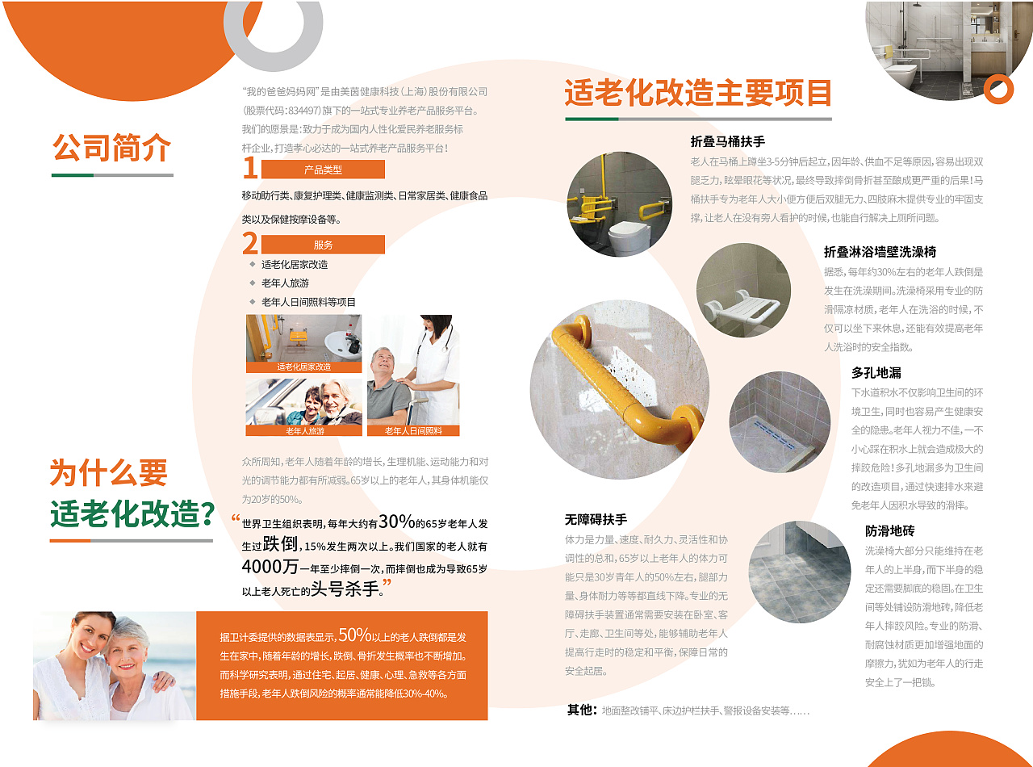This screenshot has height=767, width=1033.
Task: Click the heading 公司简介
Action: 112,148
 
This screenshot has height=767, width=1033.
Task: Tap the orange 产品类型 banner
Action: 323,170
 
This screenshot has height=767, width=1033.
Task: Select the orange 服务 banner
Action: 323,245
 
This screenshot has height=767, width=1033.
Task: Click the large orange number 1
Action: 249,168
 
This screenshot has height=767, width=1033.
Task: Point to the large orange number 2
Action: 249,243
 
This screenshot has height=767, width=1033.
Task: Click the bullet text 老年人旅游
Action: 285,283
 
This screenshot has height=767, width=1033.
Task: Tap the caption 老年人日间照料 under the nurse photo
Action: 413,431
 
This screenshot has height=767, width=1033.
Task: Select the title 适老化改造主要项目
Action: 697,93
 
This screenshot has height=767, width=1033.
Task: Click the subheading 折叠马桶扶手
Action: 727,141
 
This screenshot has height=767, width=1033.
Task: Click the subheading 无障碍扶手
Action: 596,519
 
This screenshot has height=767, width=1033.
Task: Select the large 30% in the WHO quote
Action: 396,521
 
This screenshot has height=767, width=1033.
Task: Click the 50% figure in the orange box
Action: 354,635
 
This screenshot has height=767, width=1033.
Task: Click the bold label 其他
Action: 581,710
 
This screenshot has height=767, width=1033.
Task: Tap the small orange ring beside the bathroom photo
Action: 998,89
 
